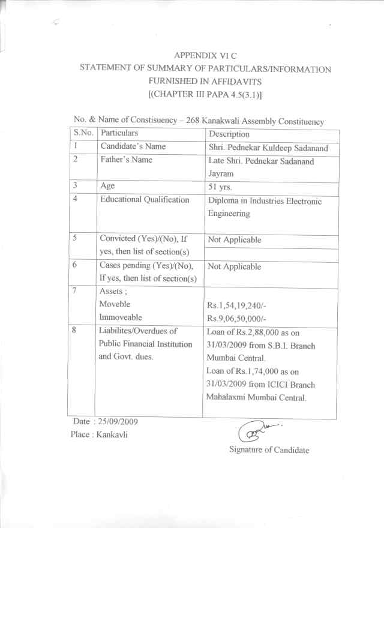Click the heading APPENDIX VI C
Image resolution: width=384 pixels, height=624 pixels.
pos(206,55)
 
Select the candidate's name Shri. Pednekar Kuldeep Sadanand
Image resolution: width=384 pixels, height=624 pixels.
pos(265,148)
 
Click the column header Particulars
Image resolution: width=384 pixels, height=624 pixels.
pos(119,133)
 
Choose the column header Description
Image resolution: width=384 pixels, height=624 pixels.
pos(229,134)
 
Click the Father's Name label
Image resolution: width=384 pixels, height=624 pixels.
pos(126,160)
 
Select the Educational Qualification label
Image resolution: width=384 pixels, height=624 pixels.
pos(145,200)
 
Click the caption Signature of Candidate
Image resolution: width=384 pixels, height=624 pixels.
pos(269,450)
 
